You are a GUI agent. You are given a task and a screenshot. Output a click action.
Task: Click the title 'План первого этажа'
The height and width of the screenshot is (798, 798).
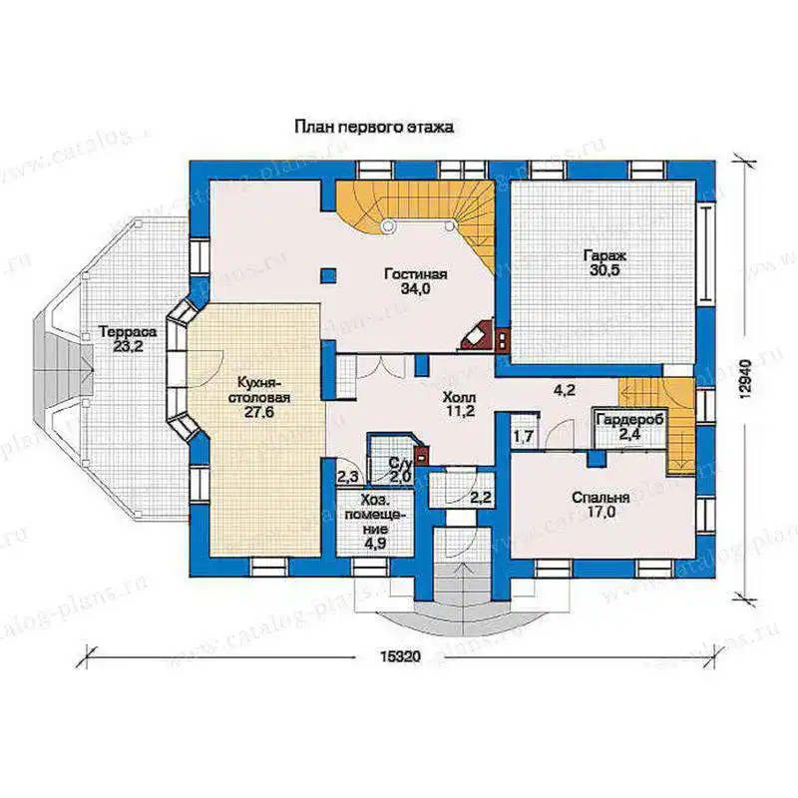tap(373, 127)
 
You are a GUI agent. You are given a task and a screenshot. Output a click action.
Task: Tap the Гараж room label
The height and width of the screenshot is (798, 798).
tap(605, 255)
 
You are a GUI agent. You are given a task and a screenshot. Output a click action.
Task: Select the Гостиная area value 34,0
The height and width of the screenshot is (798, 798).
tap(416, 289)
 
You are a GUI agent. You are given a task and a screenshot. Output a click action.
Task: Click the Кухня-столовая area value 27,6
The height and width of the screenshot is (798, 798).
tap(259, 412)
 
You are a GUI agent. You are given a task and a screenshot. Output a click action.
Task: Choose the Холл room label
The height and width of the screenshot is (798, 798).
tap(459, 396)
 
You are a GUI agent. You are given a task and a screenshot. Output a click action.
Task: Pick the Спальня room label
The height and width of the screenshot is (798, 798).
tap(600, 497)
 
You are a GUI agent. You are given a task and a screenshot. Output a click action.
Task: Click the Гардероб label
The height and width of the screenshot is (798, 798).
tap(630, 420)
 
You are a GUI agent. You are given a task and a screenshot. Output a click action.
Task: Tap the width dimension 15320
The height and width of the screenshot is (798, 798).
tap(400, 656)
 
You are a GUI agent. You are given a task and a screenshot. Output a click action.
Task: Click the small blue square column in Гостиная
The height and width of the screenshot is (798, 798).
tap(329, 275)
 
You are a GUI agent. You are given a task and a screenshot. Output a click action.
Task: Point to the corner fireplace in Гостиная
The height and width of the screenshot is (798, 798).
tap(477, 336)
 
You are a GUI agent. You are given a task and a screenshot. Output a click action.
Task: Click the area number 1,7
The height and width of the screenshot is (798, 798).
tap(523, 436)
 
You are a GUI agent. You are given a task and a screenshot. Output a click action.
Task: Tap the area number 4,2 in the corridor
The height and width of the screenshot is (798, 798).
tap(564, 391)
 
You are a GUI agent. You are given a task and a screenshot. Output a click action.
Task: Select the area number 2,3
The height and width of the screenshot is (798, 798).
tap(347, 477)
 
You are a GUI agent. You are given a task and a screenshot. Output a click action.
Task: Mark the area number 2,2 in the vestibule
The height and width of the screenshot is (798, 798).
tap(481, 497)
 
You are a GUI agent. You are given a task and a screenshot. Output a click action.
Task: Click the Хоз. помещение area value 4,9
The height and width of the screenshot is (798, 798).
tap(375, 543)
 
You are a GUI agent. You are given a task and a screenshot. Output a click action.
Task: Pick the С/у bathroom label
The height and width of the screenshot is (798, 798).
tap(400, 464)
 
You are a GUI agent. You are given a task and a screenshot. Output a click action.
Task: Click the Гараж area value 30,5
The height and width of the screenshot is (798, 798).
tap(604, 269)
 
